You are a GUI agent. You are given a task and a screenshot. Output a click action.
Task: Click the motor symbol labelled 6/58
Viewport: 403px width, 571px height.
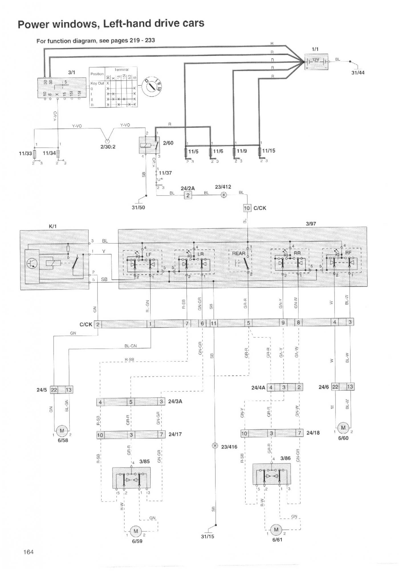[62, 431]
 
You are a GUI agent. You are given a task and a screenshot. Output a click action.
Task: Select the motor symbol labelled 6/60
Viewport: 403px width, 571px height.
[343, 428]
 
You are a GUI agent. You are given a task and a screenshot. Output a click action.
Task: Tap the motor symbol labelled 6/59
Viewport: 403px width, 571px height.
[136, 531]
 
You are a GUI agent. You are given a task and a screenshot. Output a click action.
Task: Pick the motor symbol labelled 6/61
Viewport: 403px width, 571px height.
[276, 530]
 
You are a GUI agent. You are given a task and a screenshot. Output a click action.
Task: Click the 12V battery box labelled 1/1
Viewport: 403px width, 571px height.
[316, 61]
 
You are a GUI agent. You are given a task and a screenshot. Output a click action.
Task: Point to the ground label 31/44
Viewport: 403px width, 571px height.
[358, 73]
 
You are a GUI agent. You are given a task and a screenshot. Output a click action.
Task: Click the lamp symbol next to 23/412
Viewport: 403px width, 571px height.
[224, 195]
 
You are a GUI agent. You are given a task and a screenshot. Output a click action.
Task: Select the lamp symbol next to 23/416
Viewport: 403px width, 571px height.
[215, 446]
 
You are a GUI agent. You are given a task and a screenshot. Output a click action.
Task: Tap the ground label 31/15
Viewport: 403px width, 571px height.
[207, 536]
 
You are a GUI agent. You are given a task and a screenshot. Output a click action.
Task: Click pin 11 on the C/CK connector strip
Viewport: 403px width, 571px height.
[213, 323]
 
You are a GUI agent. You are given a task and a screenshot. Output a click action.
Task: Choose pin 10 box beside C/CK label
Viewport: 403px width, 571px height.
[247, 208]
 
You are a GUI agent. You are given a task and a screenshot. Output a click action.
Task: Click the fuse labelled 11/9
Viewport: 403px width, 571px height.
[234, 152]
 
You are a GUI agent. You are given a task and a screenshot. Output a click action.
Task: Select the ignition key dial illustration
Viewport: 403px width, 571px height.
[151, 86]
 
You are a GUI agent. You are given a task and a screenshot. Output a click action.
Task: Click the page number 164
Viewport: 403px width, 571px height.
[28, 552]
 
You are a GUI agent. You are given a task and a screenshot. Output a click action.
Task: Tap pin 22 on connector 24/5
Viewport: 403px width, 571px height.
[54, 390]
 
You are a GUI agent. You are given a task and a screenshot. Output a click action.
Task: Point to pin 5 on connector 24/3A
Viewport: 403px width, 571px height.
[131, 402]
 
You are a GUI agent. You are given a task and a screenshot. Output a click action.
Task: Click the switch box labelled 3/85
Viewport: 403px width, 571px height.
[131, 478]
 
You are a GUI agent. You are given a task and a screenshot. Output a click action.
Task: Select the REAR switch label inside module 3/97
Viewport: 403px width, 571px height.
[239, 254]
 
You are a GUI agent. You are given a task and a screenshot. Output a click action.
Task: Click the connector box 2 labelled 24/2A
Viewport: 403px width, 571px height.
[188, 195]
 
